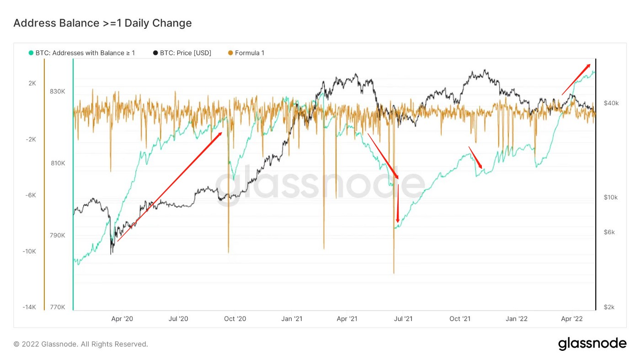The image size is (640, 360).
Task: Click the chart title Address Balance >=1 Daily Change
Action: [102, 23]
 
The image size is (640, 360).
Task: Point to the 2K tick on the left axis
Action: [32, 83]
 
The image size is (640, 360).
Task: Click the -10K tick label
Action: [29, 251]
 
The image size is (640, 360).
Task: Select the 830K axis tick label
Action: [57, 91]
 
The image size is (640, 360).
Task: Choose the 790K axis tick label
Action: [57, 235]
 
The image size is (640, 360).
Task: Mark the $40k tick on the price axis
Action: [611, 103]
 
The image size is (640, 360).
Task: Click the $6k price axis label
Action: [609, 232]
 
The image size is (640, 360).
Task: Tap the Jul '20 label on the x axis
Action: [179, 319]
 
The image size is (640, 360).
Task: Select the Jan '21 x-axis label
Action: [292, 319]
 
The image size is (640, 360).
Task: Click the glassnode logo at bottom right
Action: [592, 344]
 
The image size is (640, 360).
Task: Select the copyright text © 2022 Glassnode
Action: [80, 344]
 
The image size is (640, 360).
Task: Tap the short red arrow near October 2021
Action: [475, 157]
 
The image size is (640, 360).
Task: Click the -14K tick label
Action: [29, 307]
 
